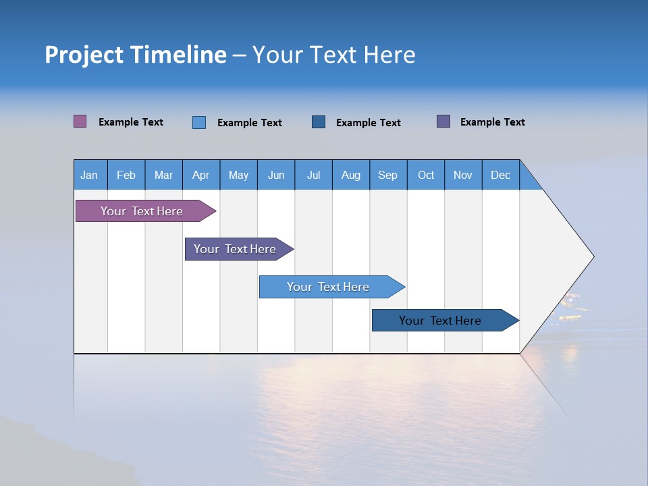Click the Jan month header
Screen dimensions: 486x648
[89, 175]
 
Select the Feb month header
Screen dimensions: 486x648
[126, 175]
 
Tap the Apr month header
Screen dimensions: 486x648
[200, 175]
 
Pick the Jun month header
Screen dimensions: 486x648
[276, 175]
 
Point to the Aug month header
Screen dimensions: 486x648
[350, 175]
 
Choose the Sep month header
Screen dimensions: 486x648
[387, 175]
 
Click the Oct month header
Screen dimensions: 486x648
[426, 175]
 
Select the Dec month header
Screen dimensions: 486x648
[500, 175]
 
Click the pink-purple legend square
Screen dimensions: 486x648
[80, 122]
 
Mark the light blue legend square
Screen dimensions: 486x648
[199, 122]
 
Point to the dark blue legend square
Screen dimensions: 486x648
[319, 122]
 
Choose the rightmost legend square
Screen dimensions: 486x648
[443, 122]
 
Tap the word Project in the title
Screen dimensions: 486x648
[84, 55]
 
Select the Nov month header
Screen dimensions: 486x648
[463, 175]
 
